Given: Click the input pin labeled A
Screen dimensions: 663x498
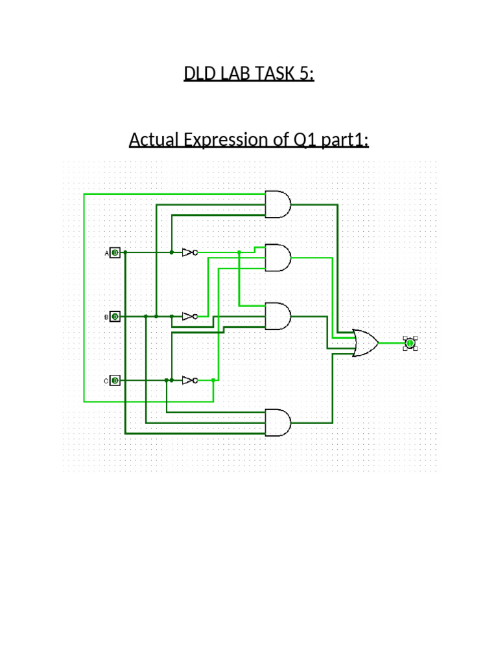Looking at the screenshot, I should [115, 253].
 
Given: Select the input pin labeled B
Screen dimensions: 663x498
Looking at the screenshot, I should [115, 317].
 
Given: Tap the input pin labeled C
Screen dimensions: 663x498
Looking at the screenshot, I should [115, 381].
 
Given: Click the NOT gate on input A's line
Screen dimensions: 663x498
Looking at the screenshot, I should [189, 253].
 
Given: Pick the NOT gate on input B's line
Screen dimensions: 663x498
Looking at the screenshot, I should [189, 317].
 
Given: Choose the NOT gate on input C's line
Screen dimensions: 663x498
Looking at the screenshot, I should [189, 381].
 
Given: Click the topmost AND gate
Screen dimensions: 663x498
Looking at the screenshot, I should [278, 205].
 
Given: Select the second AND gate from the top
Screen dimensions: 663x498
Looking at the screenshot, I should [278, 258].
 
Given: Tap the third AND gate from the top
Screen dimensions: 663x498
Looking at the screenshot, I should [278, 317].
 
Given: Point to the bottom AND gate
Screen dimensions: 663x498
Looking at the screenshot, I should [278, 422].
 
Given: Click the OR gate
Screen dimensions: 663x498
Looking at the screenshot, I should [366, 343].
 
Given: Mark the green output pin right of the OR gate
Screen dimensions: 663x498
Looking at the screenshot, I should [410, 343].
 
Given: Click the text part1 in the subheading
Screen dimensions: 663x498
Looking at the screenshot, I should [344, 140].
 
